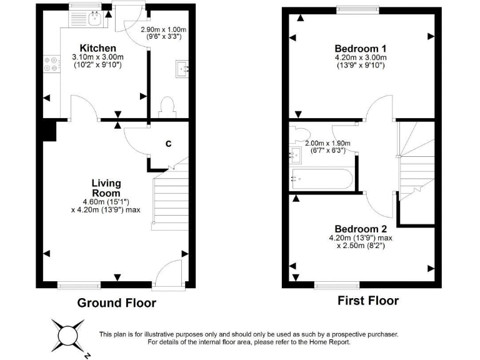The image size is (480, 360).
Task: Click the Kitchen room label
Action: click(x=97, y=48)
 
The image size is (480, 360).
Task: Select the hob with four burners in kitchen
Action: click(x=50, y=64)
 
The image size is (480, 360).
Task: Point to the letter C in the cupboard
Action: click(x=168, y=144)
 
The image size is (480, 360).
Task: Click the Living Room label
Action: click(x=106, y=188)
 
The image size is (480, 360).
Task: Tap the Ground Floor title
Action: click(x=116, y=303)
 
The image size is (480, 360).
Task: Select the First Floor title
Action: click(x=368, y=301)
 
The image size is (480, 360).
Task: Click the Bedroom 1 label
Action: click(x=360, y=49)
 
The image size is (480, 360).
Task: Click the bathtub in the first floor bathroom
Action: click(x=321, y=179)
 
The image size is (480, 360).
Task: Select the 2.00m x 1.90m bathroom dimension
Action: click(x=327, y=142)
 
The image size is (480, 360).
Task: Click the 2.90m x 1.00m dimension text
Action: click(x=163, y=29)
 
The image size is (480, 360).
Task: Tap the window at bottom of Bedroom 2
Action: click(x=337, y=285)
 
